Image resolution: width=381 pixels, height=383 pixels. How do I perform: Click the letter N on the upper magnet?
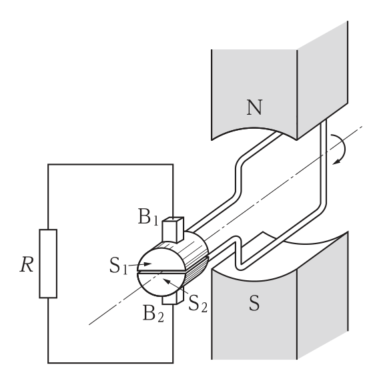(x=254, y=107)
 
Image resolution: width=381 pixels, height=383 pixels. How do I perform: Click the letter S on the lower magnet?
(x=254, y=303)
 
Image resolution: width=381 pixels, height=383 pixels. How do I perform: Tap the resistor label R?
(x=27, y=264)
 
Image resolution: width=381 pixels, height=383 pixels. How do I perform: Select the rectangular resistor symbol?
(x=48, y=264)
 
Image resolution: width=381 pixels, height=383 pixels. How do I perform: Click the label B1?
(x=148, y=216)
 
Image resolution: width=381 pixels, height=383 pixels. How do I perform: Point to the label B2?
(x=153, y=314)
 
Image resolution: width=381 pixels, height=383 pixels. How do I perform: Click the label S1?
(x=119, y=266)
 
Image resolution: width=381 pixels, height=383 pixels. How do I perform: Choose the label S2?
(x=198, y=304)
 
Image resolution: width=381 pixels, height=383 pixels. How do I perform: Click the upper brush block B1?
(x=173, y=230)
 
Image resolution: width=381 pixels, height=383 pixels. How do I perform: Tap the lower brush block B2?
(x=173, y=298)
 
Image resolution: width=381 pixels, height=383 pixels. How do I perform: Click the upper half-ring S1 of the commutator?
(x=161, y=260)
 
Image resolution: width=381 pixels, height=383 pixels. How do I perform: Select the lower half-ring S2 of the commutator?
(x=161, y=284)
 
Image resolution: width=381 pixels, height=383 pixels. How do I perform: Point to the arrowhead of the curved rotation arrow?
(x=336, y=161)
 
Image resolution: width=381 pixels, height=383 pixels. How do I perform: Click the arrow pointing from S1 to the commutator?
(x=139, y=264)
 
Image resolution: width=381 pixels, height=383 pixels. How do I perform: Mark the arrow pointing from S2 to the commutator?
(x=175, y=286)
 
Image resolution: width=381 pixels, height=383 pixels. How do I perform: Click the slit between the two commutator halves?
(x=161, y=272)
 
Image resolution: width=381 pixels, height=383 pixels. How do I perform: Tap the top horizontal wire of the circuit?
(x=111, y=164)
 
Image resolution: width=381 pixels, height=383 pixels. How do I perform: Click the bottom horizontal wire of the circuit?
(x=111, y=363)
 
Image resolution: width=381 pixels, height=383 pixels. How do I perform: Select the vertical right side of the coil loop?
(x=324, y=161)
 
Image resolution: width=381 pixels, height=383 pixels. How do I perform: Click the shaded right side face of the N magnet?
(x=322, y=81)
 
